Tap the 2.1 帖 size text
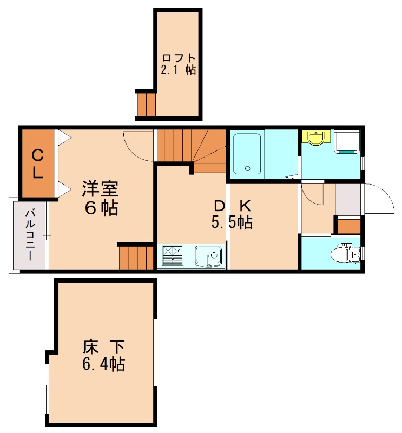178,70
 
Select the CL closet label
37,164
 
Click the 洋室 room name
100,189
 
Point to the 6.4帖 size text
104,364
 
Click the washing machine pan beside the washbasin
346,142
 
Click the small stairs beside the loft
146,104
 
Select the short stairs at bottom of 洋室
136,257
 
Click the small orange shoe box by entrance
348,226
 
